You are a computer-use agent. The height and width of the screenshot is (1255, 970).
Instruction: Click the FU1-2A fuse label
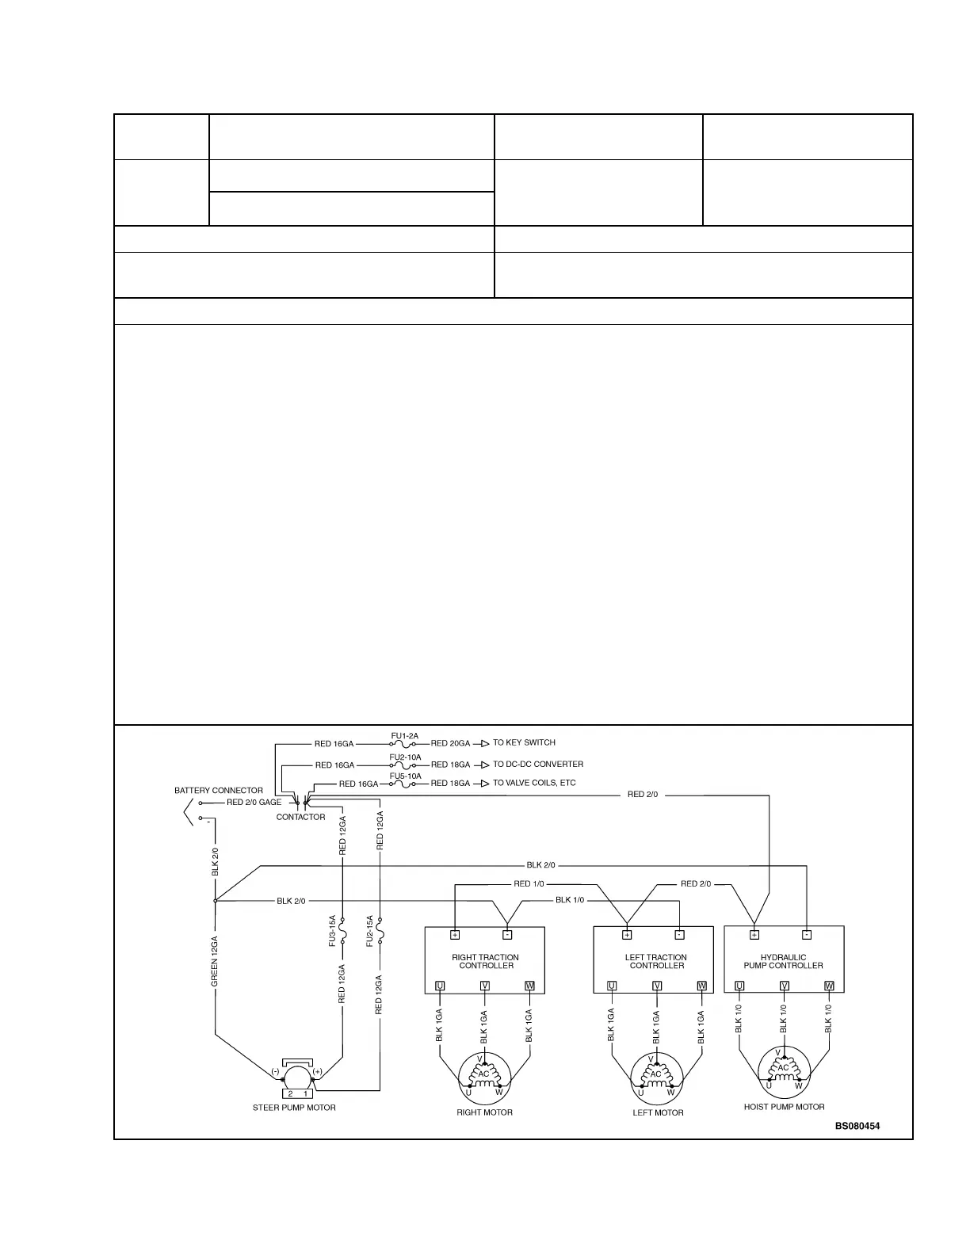tap(405, 736)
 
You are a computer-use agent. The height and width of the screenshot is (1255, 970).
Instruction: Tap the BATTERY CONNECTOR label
tap(219, 791)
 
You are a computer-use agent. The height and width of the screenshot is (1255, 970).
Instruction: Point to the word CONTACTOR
tap(300, 817)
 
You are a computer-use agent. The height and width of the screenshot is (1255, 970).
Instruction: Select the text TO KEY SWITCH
tap(524, 743)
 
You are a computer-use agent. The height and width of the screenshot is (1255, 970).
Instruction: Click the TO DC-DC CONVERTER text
tap(538, 765)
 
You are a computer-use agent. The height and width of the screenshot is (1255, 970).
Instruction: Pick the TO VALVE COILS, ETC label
tap(534, 783)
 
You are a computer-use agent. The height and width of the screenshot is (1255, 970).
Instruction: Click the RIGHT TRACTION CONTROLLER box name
tap(486, 961)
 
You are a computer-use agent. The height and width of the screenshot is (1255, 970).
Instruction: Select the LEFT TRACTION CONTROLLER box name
tap(656, 961)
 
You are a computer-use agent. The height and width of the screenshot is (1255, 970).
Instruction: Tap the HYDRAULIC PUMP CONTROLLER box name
tap(783, 961)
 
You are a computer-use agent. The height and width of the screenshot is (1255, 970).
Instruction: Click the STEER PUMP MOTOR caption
tap(294, 1108)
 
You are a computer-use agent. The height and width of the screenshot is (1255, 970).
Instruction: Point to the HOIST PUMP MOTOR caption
tap(784, 1107)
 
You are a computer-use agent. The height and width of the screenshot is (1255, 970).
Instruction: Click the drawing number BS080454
tap(857, 1126)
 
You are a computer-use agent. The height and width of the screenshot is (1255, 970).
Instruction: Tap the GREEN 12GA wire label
tap(215, 962)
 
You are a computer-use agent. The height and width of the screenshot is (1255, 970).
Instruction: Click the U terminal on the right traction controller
tap(440, 986)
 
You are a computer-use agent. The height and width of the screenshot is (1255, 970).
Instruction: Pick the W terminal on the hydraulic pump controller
tap(829, 986)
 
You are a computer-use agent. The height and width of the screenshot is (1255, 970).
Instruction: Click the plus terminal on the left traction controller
tap(627, 935)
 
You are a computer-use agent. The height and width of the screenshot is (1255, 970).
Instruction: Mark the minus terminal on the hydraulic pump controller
tap(807, 935)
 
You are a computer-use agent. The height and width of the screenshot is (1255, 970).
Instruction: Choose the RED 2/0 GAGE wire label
tap(254, 803)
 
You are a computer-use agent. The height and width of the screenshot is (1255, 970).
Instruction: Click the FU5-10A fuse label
tap(405, 776)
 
